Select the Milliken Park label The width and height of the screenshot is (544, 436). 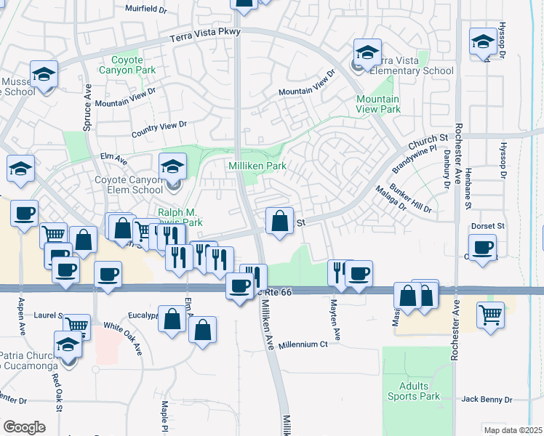point(258,166)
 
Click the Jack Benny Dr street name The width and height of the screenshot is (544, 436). point(487,400)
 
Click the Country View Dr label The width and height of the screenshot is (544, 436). point(159,129)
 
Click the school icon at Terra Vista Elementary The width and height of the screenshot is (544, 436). point(367,52)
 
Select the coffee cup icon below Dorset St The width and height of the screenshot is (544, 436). point(481,248)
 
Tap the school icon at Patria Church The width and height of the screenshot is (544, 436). point(68,343)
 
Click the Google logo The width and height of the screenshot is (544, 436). point(24,427)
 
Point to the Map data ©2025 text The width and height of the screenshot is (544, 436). point(513,430)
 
